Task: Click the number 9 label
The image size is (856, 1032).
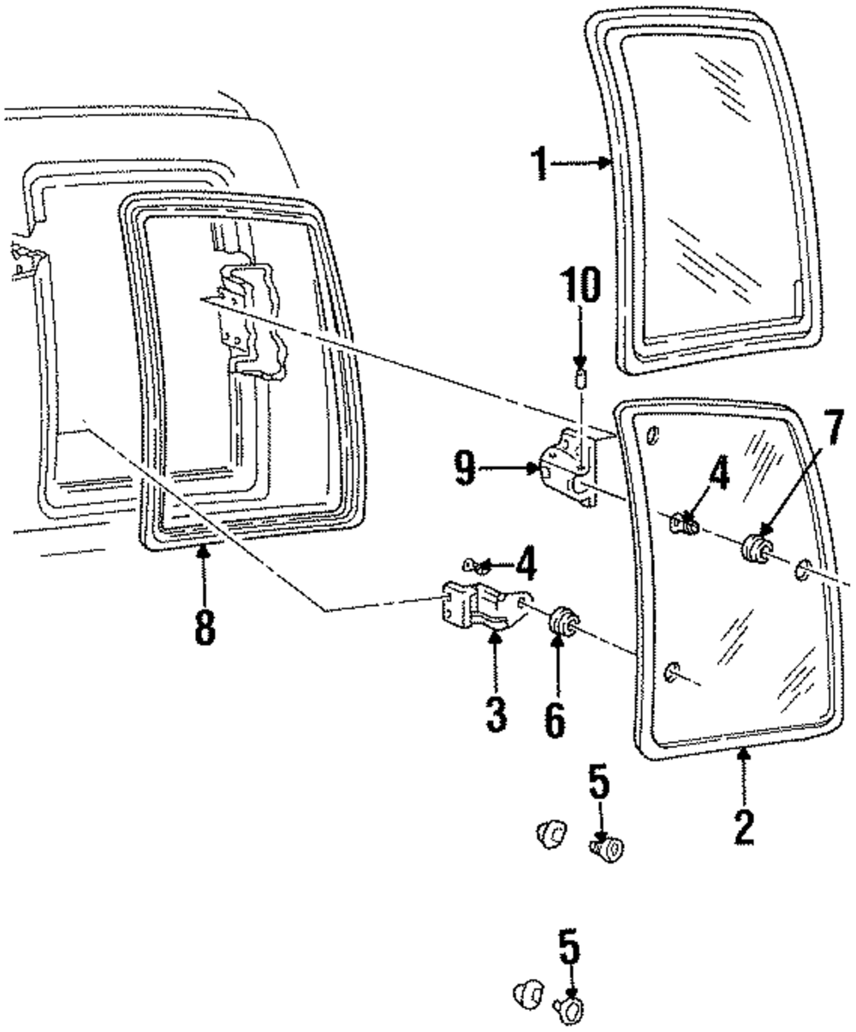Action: (466, 469)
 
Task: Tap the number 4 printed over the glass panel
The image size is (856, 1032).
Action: (719, 475)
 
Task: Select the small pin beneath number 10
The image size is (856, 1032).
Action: (581, 378)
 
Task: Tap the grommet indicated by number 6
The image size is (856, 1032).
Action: (562, 622)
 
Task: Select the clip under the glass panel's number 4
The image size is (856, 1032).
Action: (684, 521)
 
